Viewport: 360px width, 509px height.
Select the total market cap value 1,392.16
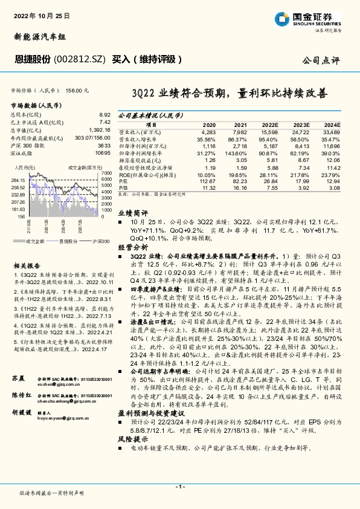[x=99, y=129]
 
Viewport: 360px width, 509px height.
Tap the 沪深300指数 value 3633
[x=104, y=146]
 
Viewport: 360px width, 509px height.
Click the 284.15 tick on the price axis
[x=18, y=181]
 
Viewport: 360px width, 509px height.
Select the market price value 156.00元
[x=77, y=91]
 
